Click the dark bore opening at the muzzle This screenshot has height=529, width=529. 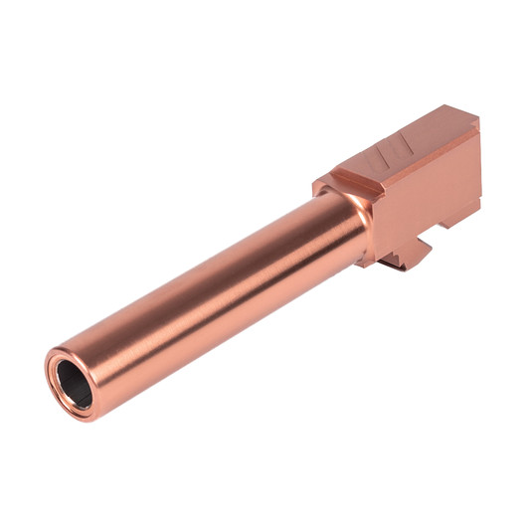point(71,381)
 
